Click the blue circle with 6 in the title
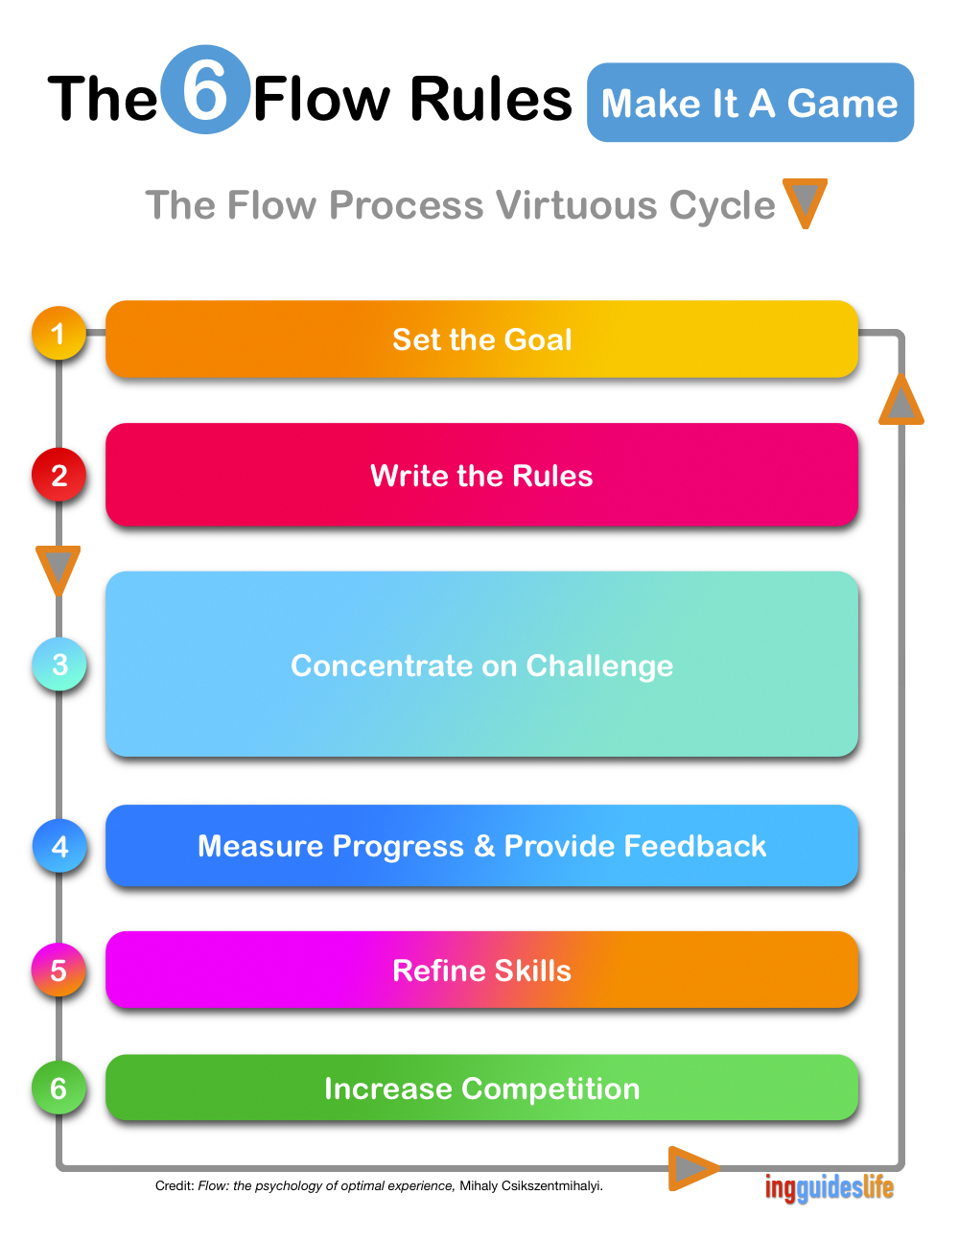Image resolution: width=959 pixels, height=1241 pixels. pos(205,89)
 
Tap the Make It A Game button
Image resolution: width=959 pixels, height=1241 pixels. pos(750,103)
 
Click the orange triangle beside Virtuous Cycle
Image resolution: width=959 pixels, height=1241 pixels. pos(805,202)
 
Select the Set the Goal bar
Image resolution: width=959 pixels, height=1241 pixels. pos(481,339)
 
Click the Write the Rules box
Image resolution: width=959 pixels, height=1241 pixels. pos(481,474)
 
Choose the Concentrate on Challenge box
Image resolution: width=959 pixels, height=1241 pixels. pos(481,664)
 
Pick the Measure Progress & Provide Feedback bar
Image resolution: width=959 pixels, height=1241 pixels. pos(481,845)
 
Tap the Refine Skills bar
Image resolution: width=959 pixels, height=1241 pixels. pos(481,970)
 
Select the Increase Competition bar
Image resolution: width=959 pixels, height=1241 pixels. pos(481,1087)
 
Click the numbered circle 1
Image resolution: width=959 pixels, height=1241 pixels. pos(58,333)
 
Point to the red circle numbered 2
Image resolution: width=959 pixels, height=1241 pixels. pos(58,475)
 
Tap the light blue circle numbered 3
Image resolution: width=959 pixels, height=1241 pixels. pos(58,664)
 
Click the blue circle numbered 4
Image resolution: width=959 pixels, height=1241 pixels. pos(58,845)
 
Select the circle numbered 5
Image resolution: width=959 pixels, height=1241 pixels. pos(58,970)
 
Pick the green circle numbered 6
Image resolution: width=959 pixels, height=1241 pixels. pos(58,1087)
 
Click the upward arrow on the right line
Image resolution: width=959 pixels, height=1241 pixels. pos(901,400)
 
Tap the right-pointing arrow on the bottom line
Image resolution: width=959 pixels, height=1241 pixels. pos(693,1168)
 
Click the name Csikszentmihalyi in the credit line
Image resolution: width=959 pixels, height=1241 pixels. pos(551,1185)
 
